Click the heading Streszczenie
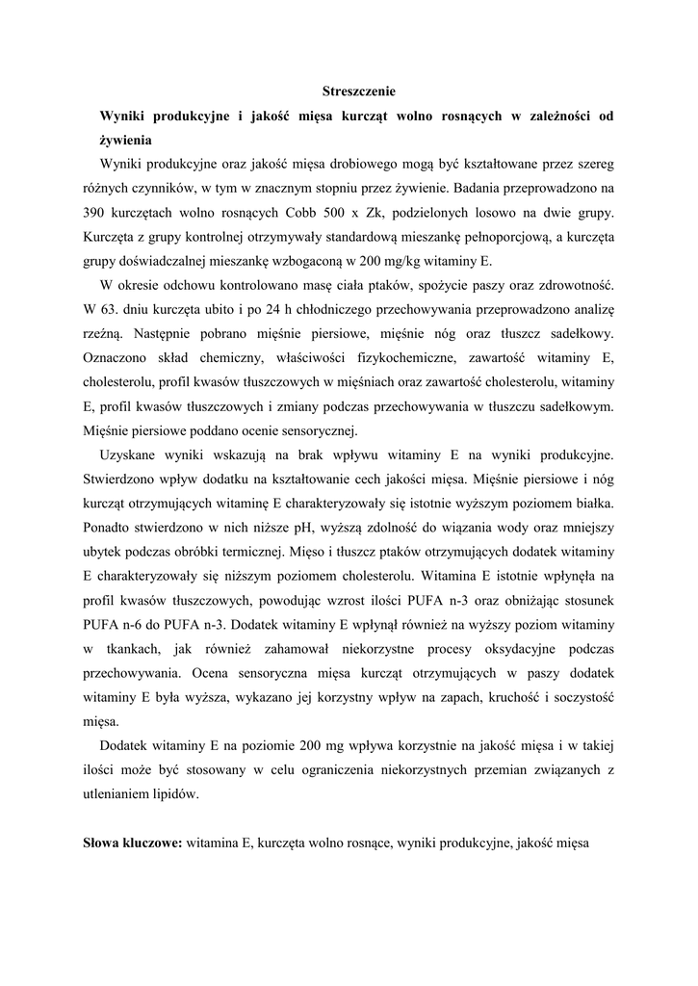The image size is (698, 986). pyautogui.click(x=358, y=91)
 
